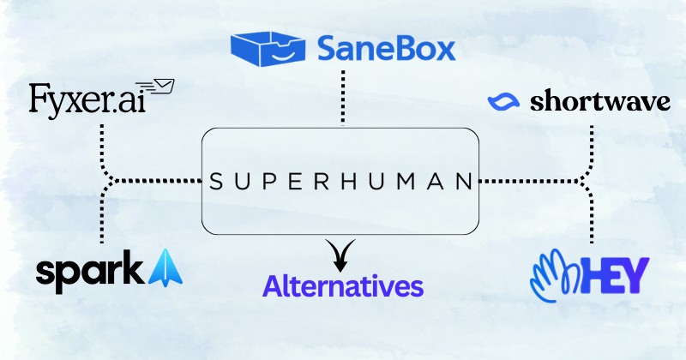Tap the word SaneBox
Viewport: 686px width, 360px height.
tap(386, 49)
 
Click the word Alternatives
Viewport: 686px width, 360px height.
tap(344, 285)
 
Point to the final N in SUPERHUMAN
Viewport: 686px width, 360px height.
tap(463, 183)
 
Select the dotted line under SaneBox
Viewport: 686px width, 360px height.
tap(342, 99)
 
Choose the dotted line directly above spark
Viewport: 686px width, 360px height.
tap(102, 219)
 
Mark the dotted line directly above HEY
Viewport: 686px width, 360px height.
tap(592, 219)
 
